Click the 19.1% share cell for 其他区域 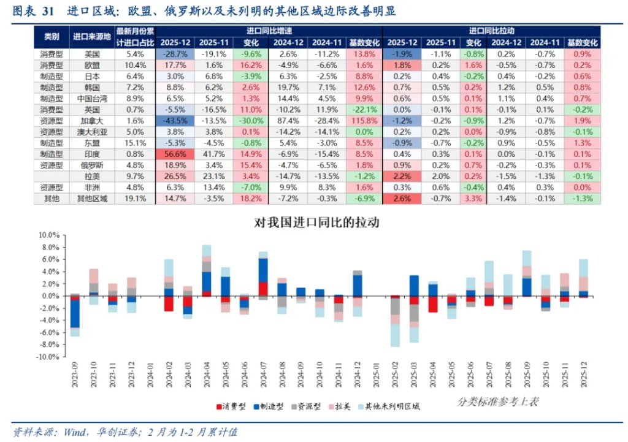pos(135,199)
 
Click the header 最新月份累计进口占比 pos(135,37)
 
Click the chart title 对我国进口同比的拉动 pos(316,223)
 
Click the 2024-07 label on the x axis pos(263,380)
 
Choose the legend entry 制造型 pos(269,406)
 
